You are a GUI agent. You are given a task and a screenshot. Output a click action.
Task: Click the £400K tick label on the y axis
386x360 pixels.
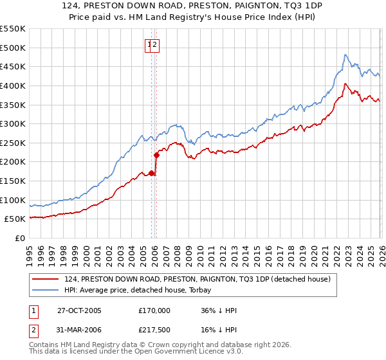point(13,85)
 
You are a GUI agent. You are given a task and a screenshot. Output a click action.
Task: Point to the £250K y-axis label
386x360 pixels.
point(13,143)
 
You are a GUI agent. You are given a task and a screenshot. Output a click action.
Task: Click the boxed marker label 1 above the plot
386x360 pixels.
point(149,45)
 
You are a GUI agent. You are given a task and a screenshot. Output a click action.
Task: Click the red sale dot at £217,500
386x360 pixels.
point(156,155)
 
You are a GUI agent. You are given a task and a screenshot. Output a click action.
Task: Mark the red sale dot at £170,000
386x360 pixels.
point(152,173)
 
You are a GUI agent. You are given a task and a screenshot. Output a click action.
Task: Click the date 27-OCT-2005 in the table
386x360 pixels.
point(79,310)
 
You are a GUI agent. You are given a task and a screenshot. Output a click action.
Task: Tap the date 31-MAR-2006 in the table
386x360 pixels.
point(79,331)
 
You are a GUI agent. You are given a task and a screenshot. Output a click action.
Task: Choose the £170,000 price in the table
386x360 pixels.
point(154,310)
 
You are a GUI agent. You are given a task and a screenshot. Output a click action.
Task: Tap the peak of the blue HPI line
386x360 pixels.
point(345,55)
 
